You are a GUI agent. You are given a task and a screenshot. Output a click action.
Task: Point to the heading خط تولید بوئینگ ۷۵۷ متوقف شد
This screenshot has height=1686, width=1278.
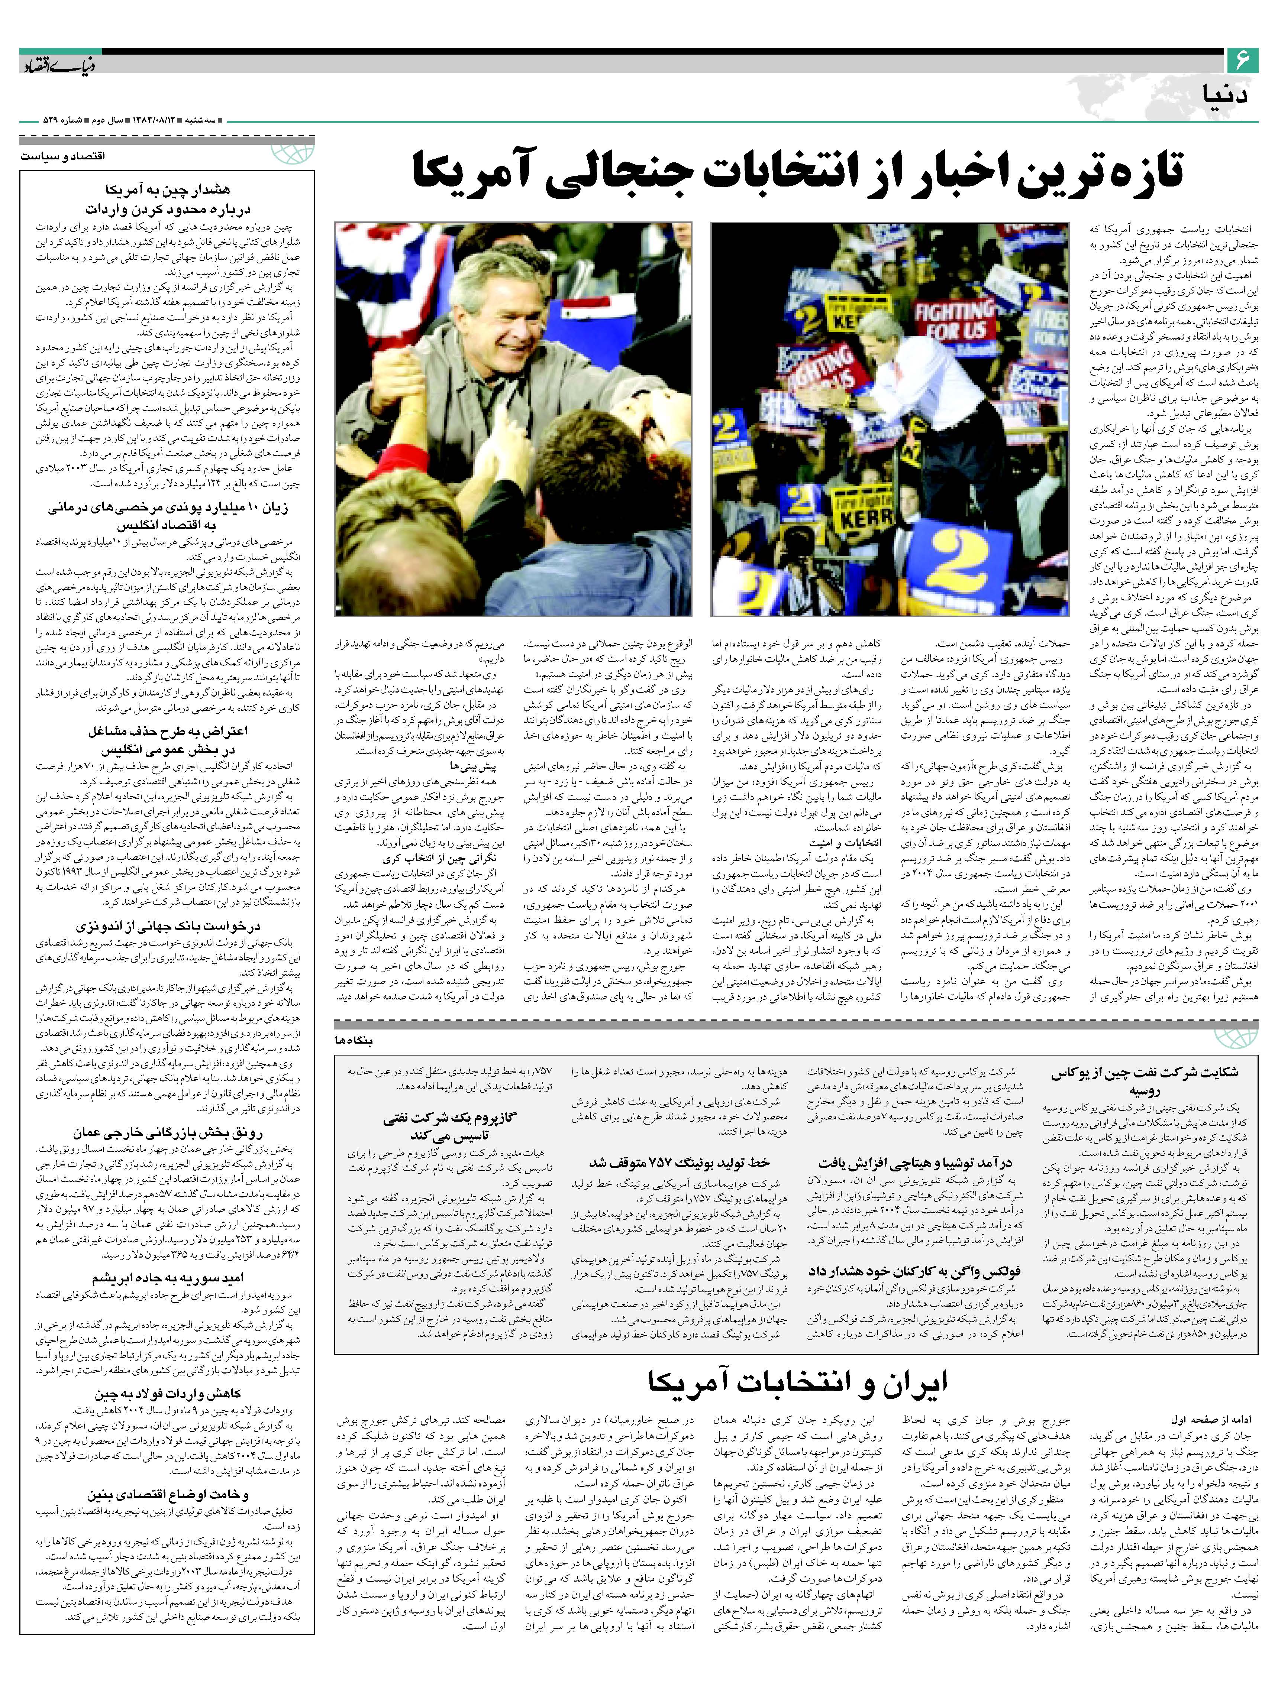680,1163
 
